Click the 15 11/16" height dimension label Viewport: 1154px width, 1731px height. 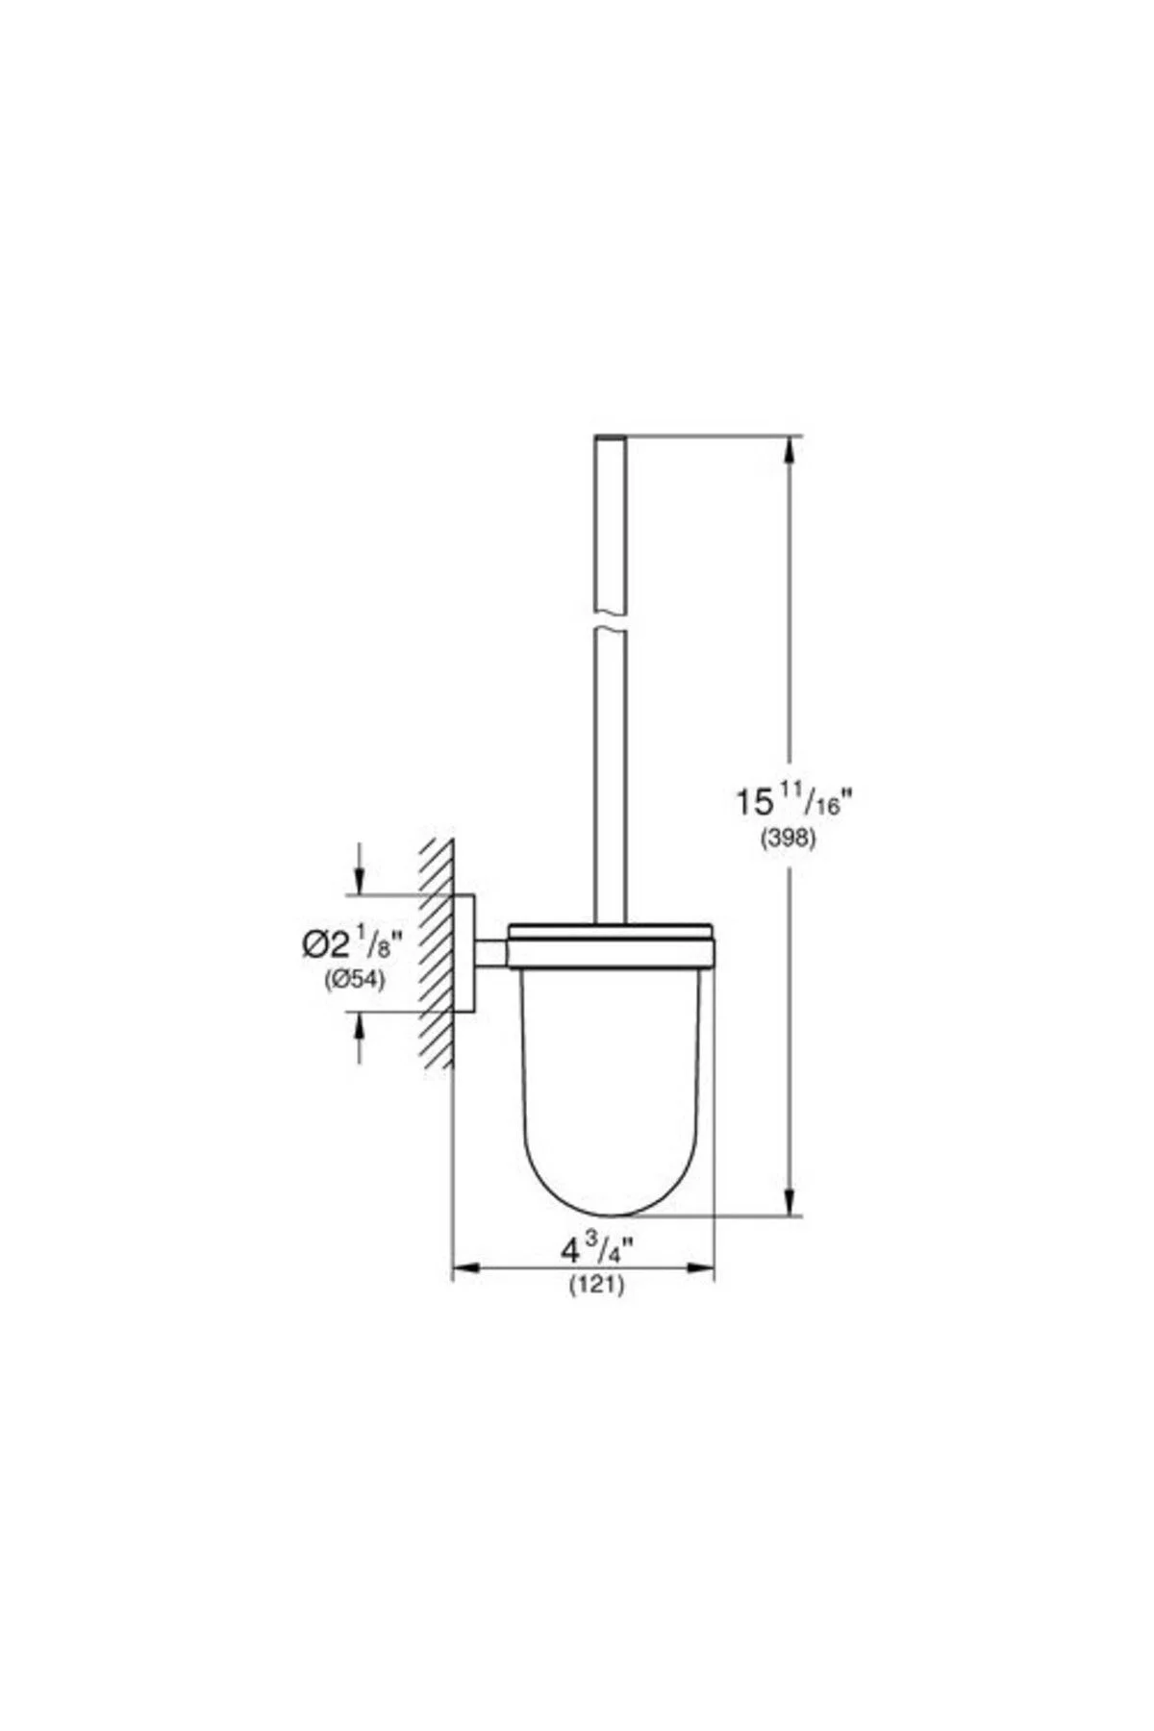(794, 800)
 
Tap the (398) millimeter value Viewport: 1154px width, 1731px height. (789, 839)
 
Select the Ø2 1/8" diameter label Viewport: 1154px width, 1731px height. (351, 945)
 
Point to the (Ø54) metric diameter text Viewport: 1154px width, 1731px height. (353, 981)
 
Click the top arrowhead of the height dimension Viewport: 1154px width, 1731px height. (790, 452)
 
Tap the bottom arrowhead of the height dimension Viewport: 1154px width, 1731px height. (790, 1201)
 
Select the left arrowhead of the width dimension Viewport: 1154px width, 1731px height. (466, 1269)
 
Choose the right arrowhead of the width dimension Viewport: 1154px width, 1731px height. (700, 1269)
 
